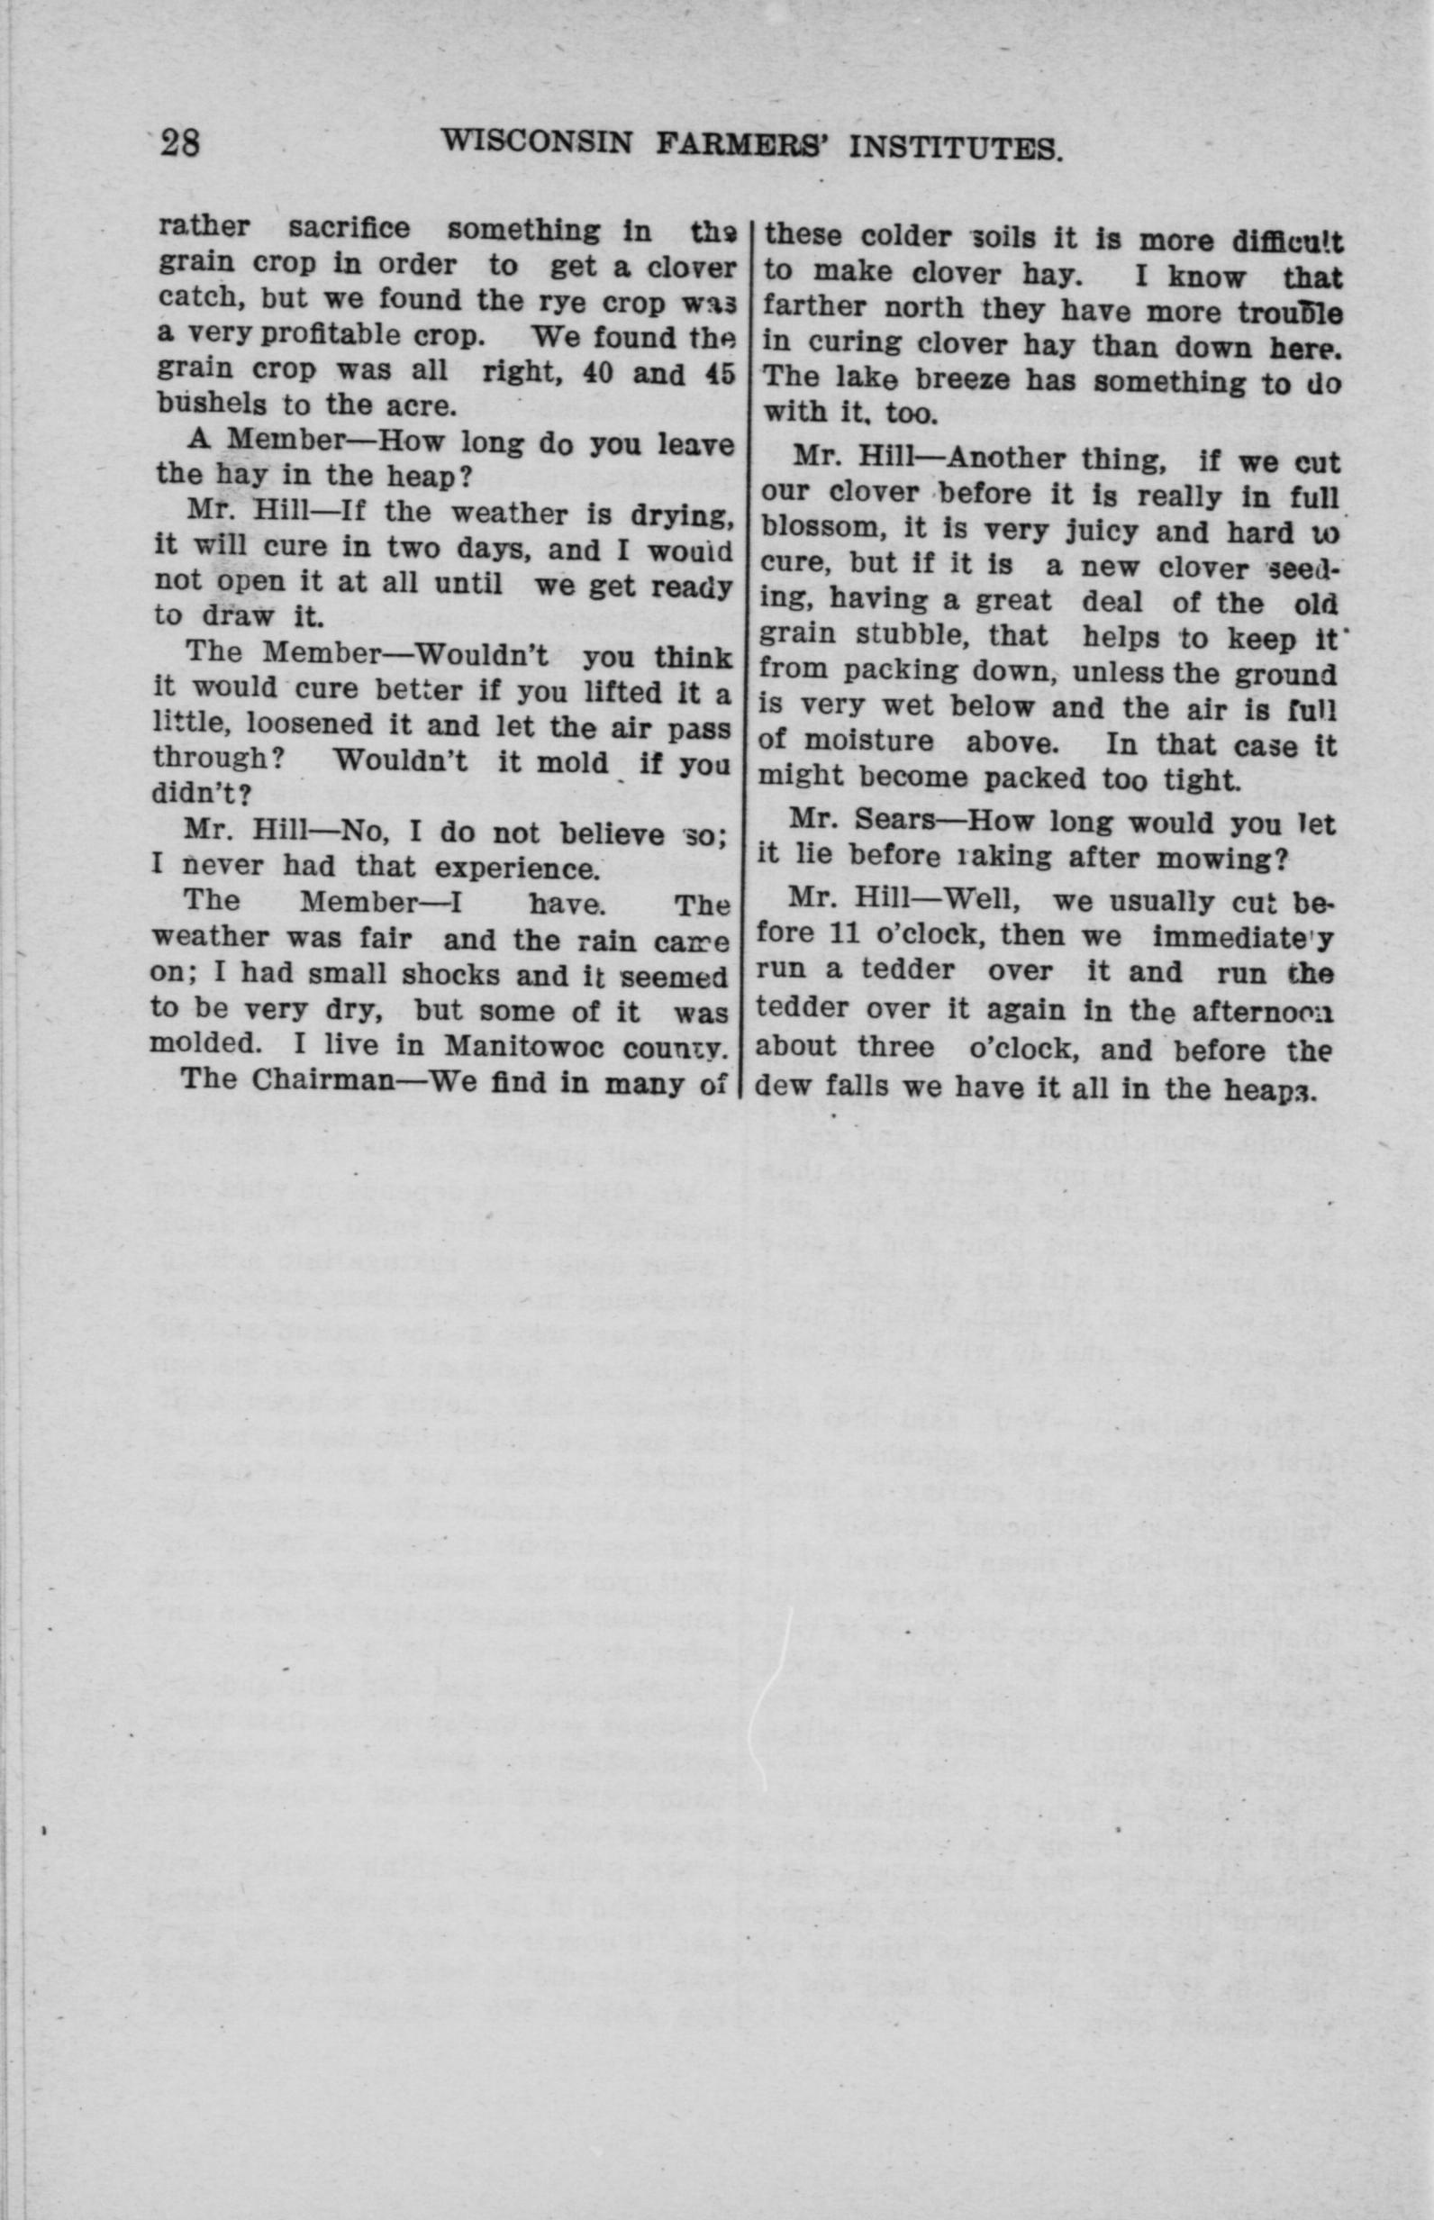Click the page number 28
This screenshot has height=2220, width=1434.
coord(180,144)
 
